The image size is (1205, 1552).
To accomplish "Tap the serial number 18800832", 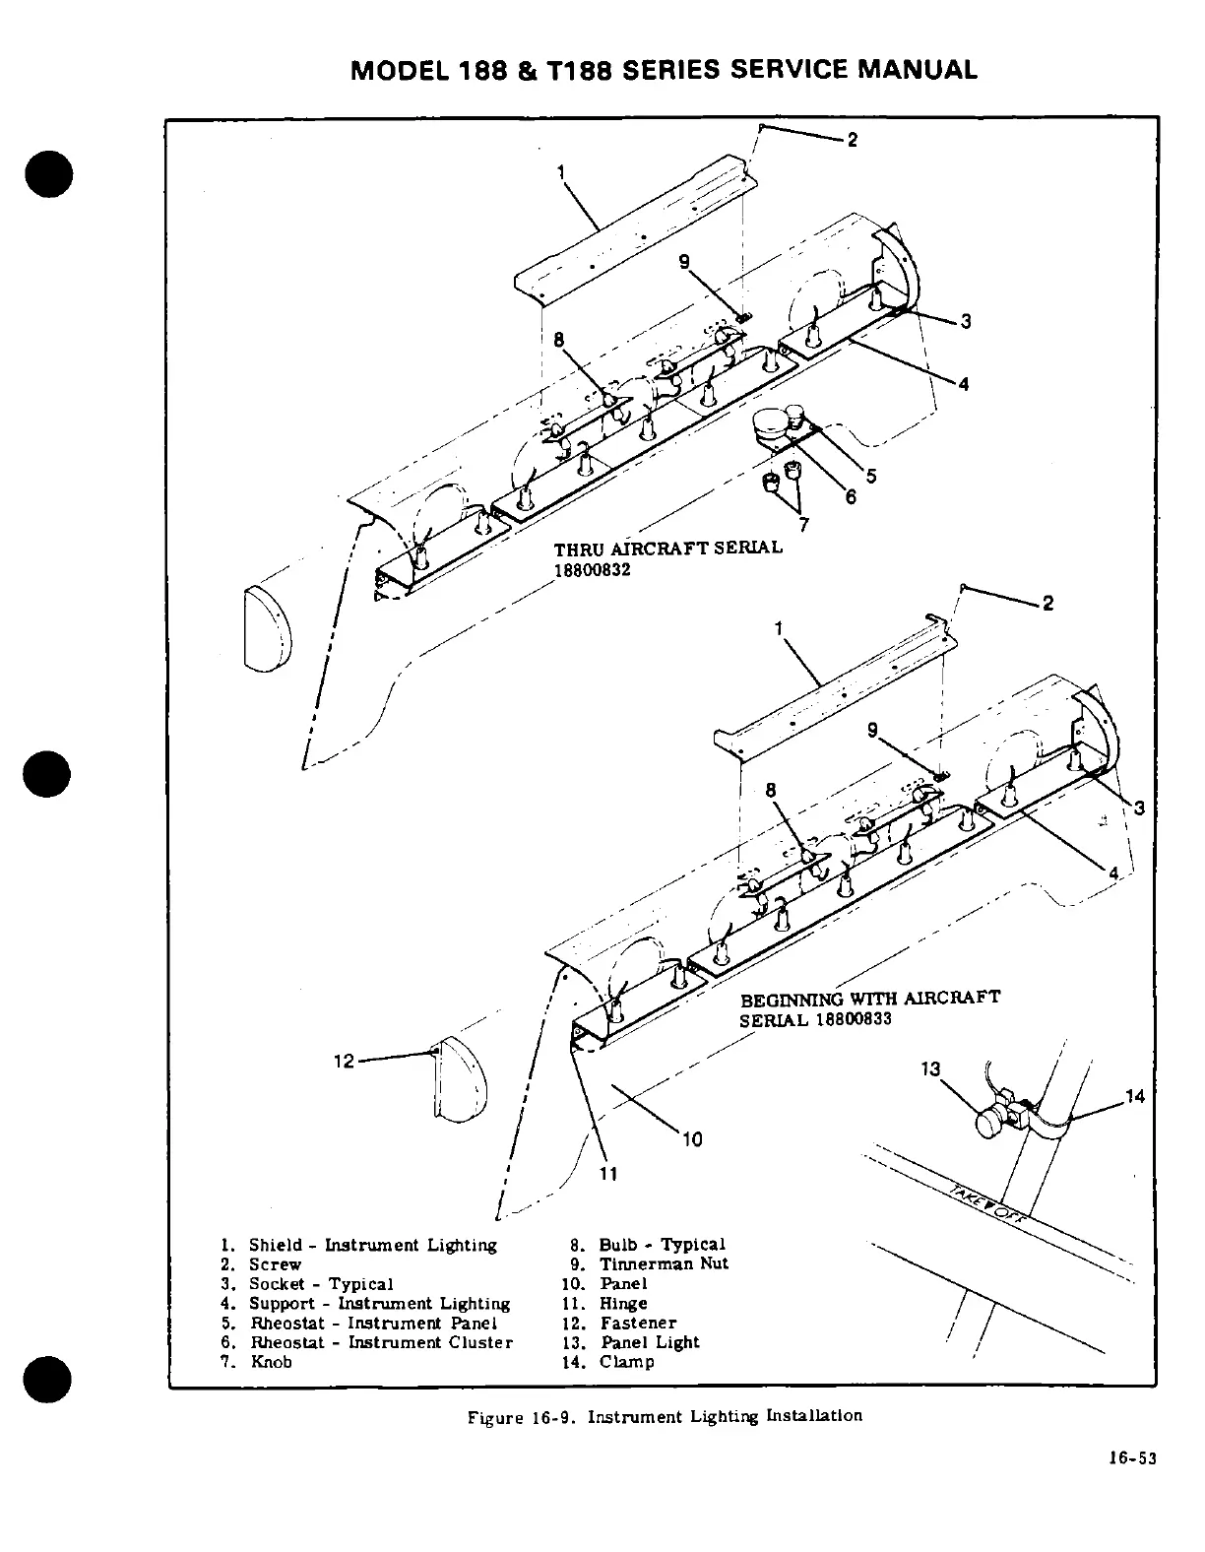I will click(x=592, y=568).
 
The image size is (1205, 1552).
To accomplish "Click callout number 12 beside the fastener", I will click(x=343, y=1061).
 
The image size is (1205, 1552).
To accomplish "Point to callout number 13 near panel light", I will click(x=930, y=1068).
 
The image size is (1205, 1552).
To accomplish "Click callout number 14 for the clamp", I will click(x=1135, y=1095).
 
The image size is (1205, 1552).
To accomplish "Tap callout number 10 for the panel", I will click(x=692, y=1139).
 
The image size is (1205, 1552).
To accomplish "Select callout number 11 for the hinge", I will click(x=607, y=1173).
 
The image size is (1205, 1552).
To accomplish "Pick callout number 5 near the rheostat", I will click(x=871, y=477).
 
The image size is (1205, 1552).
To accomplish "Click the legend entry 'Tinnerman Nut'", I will click(x=664, y=1264).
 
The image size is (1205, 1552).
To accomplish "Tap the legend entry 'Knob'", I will click(x=272, y=1362).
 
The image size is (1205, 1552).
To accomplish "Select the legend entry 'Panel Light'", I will click(x=650, y=1342).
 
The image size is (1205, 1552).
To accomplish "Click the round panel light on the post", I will click(x=989, y=1124).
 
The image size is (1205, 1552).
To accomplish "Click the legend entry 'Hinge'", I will click(x=623, y=1304).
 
